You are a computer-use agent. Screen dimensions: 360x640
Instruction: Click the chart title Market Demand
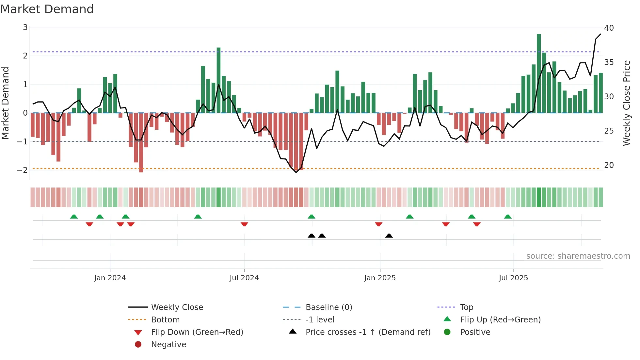(47, 9)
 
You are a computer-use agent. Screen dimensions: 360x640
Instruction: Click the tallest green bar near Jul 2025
(539, 74)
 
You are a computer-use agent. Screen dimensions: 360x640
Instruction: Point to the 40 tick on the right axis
(609, 28)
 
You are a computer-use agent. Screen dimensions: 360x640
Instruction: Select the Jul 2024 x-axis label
(244, 278)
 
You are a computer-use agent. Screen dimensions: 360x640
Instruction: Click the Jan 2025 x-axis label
(380, 278)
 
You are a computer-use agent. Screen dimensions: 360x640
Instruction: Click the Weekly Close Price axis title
(626, 103)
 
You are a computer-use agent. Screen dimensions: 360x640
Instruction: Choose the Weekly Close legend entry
(177, 307)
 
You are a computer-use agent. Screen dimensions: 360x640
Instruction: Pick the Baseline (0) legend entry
(328, 307)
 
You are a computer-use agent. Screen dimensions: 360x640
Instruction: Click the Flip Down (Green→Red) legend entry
(197, 332)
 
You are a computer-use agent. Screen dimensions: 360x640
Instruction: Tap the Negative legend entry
(168, 344)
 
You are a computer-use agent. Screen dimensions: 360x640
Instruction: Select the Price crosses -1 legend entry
(368, 332)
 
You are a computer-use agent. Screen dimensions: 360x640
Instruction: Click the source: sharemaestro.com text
(578, 256)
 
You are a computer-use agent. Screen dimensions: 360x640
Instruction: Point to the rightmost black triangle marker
(389, 236)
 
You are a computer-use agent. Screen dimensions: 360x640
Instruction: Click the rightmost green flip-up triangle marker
(508, 217)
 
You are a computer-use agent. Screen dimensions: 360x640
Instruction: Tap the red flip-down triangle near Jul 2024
(244, 224)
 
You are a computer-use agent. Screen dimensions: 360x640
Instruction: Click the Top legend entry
(466, 307)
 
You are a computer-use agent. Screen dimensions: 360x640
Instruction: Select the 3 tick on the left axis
(25, 27)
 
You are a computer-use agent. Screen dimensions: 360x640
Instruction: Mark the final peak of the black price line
(600, 34)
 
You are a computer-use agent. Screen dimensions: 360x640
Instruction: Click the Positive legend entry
(475, 332)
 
